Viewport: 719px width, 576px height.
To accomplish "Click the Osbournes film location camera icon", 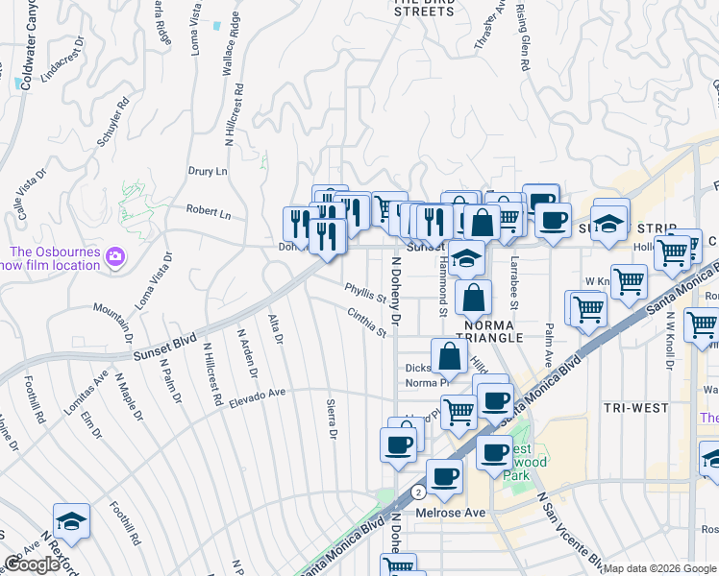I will pyautogui.click(x=116, y=255).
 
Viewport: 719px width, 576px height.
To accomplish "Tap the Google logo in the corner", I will pyautogui.click(x=32, y=564).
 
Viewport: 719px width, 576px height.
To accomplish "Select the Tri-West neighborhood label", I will pyautogui.click(x=635, y=407).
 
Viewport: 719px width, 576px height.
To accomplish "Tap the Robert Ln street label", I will pyautogui.click(x=209, y=213).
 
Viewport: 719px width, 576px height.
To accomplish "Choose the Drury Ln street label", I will pyautogui.click(x=208, y=171).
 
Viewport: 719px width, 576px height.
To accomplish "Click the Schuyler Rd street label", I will pyautogui.click(x=112, y=120).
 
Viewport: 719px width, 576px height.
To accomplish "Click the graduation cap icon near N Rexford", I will pyautogui.click(x=71, y=520).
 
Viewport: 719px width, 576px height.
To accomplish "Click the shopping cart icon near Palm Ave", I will pyautogui.click(x=587, y=308).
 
